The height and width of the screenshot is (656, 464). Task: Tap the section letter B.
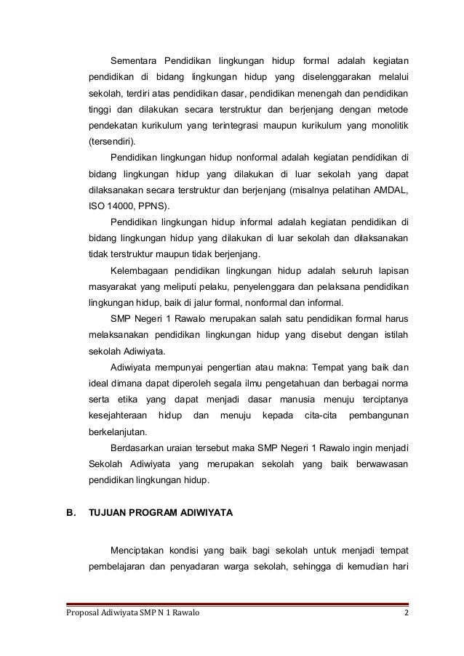click(71, 512)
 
